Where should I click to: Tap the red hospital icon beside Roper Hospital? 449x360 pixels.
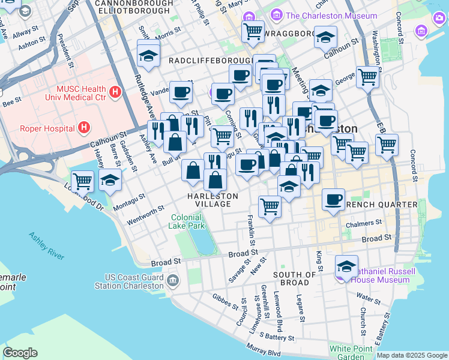coord(85,127)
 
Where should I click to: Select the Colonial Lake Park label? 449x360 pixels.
coord(188,221)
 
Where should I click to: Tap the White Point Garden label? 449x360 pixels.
coord(347,353)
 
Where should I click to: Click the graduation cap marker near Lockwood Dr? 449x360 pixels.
coord(110,179)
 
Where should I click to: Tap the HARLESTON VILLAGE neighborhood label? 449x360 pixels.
coord(212,200)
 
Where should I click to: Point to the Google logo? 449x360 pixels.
coord(20,353)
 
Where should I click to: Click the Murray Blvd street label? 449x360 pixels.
coord(264,350)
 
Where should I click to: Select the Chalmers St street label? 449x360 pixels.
coord(364,223)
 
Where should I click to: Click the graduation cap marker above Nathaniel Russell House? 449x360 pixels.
coord(346,265)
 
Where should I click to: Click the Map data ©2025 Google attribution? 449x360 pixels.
coord(412,355)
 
